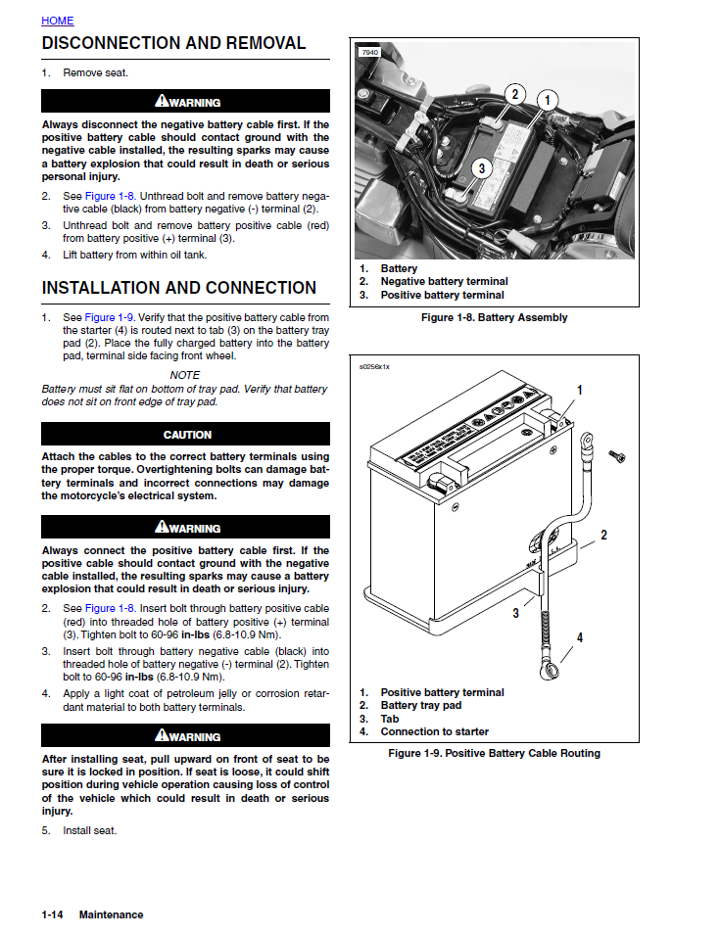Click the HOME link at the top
point(57,21)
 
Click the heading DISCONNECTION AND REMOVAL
point(173,43)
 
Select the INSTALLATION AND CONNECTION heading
point(179,288)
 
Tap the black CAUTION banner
point(186,435)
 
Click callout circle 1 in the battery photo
point(547,99)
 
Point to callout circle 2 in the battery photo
point(515,94)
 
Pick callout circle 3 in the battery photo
point(481,168)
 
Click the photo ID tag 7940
point(369,52)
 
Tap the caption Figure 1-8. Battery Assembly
point(494,317)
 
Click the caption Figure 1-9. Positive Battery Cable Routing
point(494,753)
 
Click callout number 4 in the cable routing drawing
point(580,637)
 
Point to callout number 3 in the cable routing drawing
point(515,614)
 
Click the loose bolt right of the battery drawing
point(617,456)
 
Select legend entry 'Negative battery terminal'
point(444,282)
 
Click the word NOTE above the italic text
point(185,375)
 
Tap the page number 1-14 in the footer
point(53,914)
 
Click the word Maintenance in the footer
point(111,914)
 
